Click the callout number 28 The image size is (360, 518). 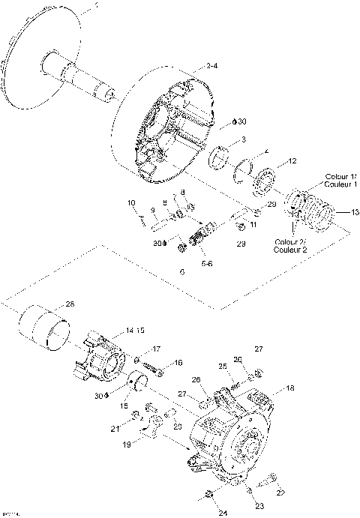70,304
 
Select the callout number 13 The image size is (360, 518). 346,212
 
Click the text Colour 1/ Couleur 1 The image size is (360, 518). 341,180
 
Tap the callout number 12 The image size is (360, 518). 293,161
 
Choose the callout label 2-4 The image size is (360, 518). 211,67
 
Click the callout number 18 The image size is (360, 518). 290,389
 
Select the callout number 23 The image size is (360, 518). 259,506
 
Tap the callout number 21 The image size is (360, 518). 115,429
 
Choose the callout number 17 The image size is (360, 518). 157,349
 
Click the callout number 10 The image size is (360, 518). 130,203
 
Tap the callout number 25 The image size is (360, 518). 222,366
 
